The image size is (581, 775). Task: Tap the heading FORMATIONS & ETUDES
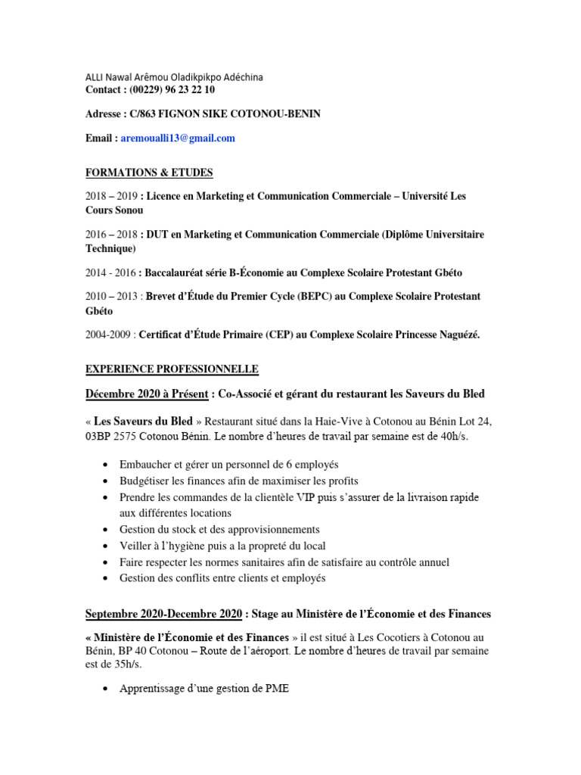pyautogui.click(x=149, y=172)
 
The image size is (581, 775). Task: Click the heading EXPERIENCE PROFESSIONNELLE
pyautogui.click(x=172, y=369)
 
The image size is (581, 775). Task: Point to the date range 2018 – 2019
pyautogui.click(x=111, y=196)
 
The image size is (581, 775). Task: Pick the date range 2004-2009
pyautogui.click(x=110, y=335)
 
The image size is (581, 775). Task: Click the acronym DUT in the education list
pyautogui.click(x=157, y=235)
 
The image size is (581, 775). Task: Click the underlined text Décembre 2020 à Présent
pyautogui.click(x=148, y=394)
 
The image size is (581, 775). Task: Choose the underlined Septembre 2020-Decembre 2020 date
pyautogui.click(x=164, y=613)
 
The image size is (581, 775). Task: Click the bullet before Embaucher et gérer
pyautogui.click(x=103, y=465)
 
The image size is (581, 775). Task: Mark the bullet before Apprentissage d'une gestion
pyautogui.click(x=103, y=689)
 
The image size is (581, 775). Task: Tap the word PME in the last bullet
pyautogui.click(x=276, y=689)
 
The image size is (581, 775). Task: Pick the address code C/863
pyautogui.click(x=148, y=114)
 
